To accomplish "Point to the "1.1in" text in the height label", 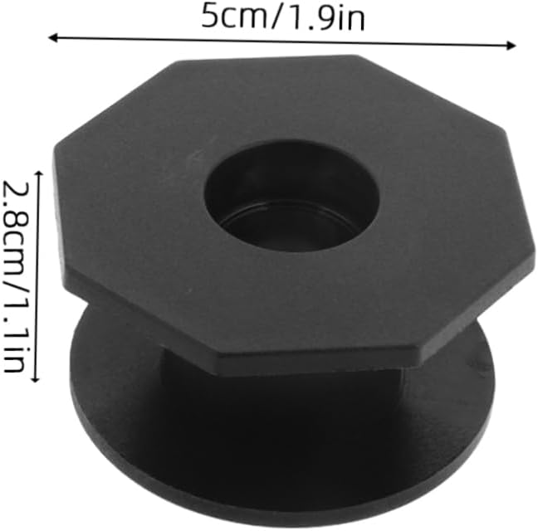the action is tap(16, 334).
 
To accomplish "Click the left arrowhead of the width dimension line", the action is tap(52, 37).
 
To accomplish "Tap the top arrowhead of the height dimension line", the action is tap(38, 173).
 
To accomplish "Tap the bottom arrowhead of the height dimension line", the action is tap(36, 378).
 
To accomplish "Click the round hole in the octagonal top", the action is tap(292, 197).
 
